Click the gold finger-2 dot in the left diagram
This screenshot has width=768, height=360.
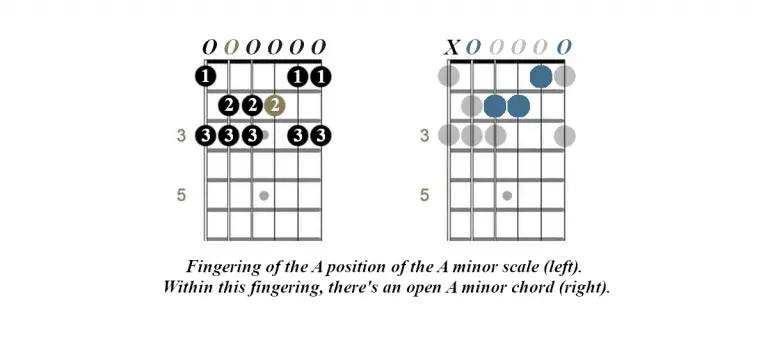click(x=275, y=105)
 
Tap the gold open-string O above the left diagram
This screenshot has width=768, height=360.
click(x=230, y=47)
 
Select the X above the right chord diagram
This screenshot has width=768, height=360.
click(x=452, y=47)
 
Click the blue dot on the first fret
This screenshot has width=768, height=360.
click(x=542, y=76)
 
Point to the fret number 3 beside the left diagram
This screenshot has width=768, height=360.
click(x=181, y=135)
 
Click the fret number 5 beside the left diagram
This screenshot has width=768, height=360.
click(x=181, y=195)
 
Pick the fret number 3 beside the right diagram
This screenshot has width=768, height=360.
click(x=424, y=135)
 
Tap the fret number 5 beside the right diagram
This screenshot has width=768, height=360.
click(x=424, y=195)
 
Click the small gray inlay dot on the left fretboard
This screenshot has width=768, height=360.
click(x=264, y=195)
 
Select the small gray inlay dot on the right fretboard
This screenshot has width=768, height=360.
click(x=507, y=195)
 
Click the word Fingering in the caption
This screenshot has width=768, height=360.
click(x=225, y=268)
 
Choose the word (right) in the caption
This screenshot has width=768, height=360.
click(x=580, y=288)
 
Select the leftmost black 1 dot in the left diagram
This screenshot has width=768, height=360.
click(x=206, y=76)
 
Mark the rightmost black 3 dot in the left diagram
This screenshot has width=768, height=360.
click(x=321, y=135)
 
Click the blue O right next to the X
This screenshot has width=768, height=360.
click(x=474, y=47)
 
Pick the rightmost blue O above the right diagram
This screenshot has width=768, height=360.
click(x=565, y=47)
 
